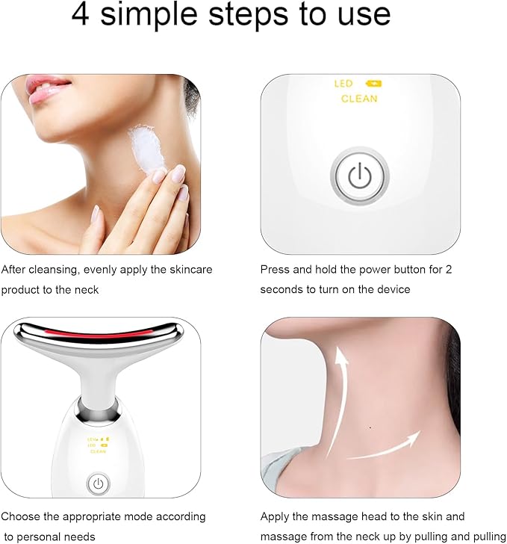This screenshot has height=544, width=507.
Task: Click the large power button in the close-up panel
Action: click(360, 176)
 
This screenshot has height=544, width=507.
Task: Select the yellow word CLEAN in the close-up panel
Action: click(359, 99)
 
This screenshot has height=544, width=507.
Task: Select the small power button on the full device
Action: click(98, 484)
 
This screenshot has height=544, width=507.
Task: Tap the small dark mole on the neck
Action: click(371, 427)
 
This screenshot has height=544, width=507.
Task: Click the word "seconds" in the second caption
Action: click(281, 289)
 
